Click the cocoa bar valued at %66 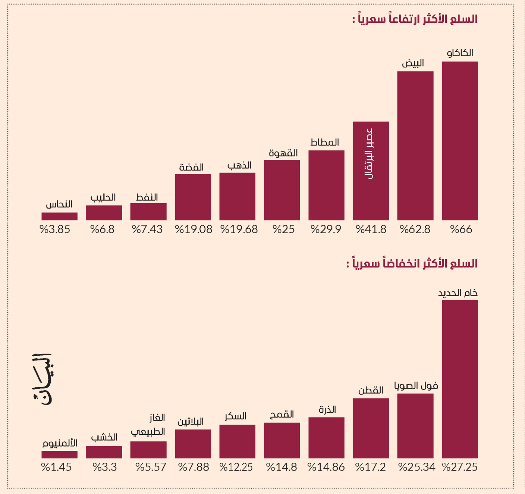click(x=459, y=141)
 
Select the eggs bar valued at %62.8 click(x=415, y=146)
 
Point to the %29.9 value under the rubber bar click(x=326, y=229)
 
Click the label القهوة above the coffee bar click(x=283, y=153)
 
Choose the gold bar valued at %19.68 click(x=238, y=196)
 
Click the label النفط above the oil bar click(x=147, y=197)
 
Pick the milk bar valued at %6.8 click(x=104, y=213)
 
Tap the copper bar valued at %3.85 click(x=60, y=216)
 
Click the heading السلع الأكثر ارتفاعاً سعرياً click(x=415, y=19)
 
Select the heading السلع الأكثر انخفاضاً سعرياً click(x=412, y=263)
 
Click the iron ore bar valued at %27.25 click(x=459, y=379)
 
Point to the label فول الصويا click(x=416, y=385)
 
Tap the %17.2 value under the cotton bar click(x=371, y=467)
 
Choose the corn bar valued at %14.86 click(x=326, y=438)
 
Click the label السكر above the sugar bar click(x=236, y=416)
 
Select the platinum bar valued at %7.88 click(x=193, y=444)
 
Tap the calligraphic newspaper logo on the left click(x=42, y=379)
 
